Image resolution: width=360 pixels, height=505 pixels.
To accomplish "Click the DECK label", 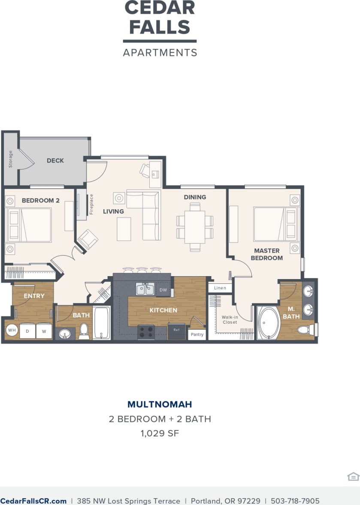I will pyautogui.click(x=55, y=161).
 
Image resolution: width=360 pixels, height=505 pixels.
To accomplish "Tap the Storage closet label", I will pyautogui.click(x=11, y=159).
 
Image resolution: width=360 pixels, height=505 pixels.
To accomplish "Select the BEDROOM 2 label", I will pyautogui.click(x=41, y=200).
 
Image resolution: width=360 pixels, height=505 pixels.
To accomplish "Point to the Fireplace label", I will pyautogui.click(x=91, y=204).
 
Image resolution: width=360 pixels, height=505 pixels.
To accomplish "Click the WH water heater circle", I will pyautogui.click(x=12, y=331).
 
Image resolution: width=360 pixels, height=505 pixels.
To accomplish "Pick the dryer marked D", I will pyautogui.click(x=27, y=331).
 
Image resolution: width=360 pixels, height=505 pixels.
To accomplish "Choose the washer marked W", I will pyautogui.click(x=44, y=331).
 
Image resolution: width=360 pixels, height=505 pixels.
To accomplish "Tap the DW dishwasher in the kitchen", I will pyautogui.click(x=163, y=290).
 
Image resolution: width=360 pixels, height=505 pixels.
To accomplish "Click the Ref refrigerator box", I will pyautogui.click(x=176, y=331).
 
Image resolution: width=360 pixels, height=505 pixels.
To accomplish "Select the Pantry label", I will pyautogui.click(x=197, y=334).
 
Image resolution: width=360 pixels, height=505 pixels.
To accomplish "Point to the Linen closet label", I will pyautogui.click(x=220, y=288).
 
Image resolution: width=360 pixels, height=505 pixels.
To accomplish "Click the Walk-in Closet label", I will pyautogui.click(x=230, y=320).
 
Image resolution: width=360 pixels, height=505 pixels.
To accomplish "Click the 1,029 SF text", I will pyautogui.click(x=160, y=433).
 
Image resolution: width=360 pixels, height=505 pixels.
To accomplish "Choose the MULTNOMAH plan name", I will pyautogui.click(x=160, y=404).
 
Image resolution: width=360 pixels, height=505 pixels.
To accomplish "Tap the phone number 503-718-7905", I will pyautogui.click(x=296, y=501).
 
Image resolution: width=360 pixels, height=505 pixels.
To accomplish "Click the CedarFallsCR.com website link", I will pyautogui.click(x=33, y=501).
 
